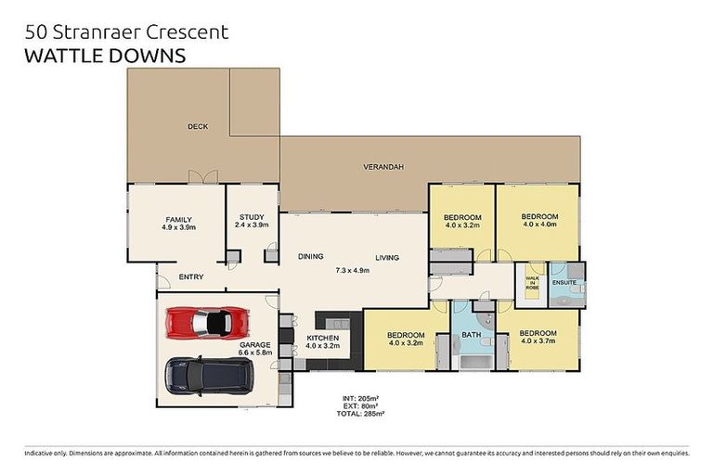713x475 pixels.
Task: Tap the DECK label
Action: pos(197,127)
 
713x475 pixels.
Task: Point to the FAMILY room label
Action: pos(178,220)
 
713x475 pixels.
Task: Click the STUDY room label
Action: pos(253,220)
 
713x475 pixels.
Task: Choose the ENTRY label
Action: pos(191,276)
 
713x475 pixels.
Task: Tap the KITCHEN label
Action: pos(322,337)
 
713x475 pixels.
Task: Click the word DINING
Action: pos(310,257)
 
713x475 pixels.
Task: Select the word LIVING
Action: pos(387,257)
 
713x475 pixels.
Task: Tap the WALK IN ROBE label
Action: pos(532,283)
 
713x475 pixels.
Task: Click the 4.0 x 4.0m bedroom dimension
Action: pos(539,225)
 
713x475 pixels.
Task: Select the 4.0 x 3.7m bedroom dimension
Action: pos(538,342)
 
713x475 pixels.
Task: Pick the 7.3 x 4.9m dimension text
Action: pos(352,271)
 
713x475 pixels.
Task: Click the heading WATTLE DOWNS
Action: pos(103,56)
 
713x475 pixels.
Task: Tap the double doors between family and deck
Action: pos(203,176)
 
